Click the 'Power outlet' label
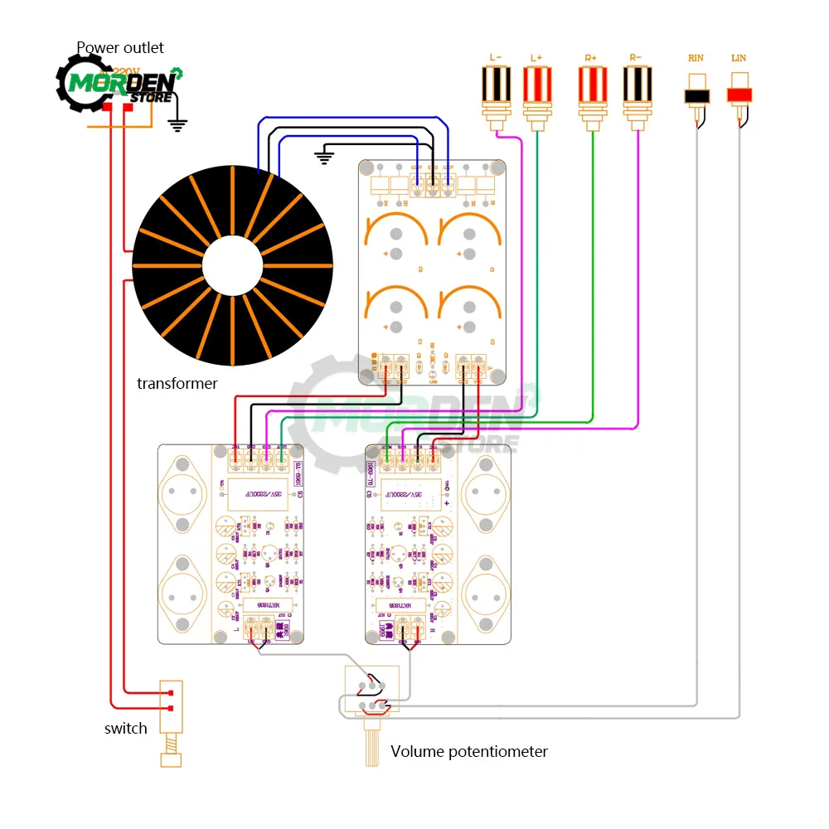[120, 47]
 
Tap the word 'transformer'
[177, 383]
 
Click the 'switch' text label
[126, 729]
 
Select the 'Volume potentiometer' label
[469, 752]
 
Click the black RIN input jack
[697, 94]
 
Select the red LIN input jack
[739, 93]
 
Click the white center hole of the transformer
[233, 266]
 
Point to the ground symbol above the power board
[325, 155]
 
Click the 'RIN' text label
[696, 58]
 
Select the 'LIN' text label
[739, 58]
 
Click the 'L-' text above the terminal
[496, 57]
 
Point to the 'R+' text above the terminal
[590, 57]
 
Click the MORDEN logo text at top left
[121, 83]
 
